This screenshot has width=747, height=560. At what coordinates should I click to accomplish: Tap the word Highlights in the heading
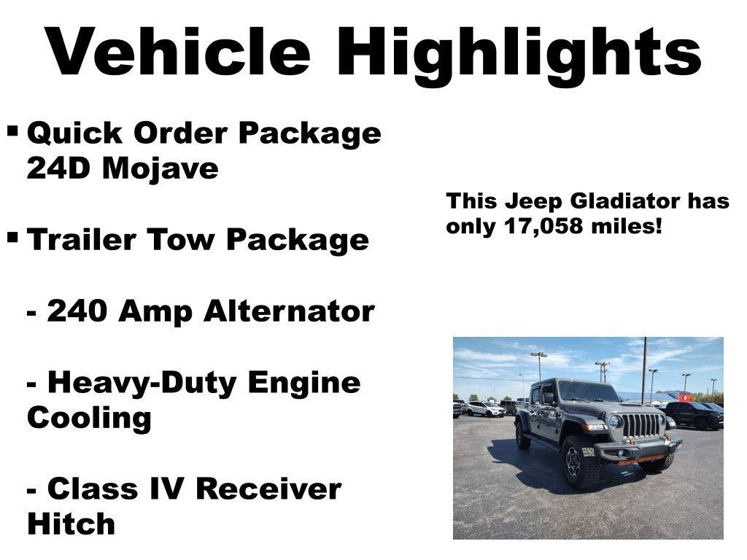pos(519,56)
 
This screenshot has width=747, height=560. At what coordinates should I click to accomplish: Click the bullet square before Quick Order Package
pos(13,130)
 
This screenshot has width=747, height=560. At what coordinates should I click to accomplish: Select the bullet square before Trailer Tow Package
pos(13,236)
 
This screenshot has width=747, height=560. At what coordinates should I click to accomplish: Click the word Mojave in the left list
pos(160,169)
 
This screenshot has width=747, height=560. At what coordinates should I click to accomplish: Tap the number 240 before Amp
pos(77,311)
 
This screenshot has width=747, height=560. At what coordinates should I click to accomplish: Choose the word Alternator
pos(289,311)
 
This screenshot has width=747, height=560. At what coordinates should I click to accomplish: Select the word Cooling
pos(89,418)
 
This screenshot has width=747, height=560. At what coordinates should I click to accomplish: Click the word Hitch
pos(71,524)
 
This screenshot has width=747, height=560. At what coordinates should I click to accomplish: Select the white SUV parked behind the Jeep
pos(484,408)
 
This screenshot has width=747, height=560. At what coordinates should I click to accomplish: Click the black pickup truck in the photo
pos(694,415)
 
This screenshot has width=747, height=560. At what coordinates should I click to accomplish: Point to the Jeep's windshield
pos(588,392)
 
